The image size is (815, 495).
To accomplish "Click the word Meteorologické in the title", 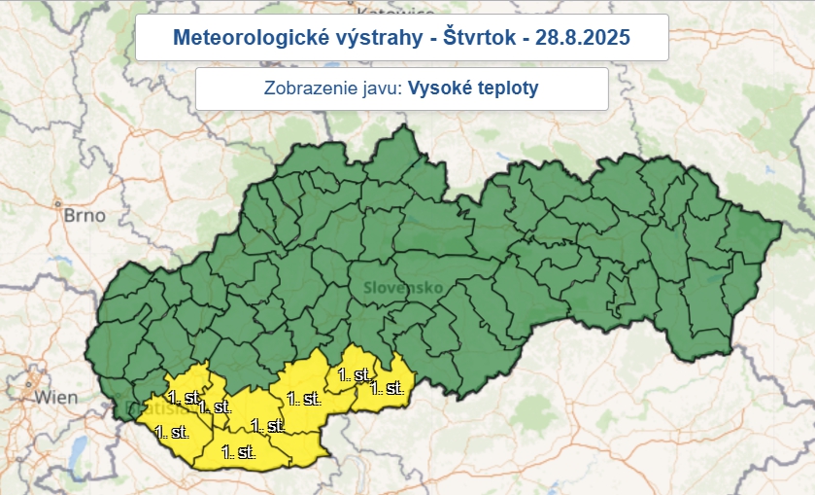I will (x=239, y=38).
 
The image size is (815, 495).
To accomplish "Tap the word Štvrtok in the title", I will (x=461, y=38).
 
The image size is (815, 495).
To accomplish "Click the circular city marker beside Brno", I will (x=58, y=205).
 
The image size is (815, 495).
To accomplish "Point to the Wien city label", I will (x=55, y=398).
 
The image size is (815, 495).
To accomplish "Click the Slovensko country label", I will (x=403, y=288).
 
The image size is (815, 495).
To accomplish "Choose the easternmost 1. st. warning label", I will (x=387, y=388).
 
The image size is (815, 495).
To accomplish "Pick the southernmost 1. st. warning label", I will (x=239, y=451).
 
